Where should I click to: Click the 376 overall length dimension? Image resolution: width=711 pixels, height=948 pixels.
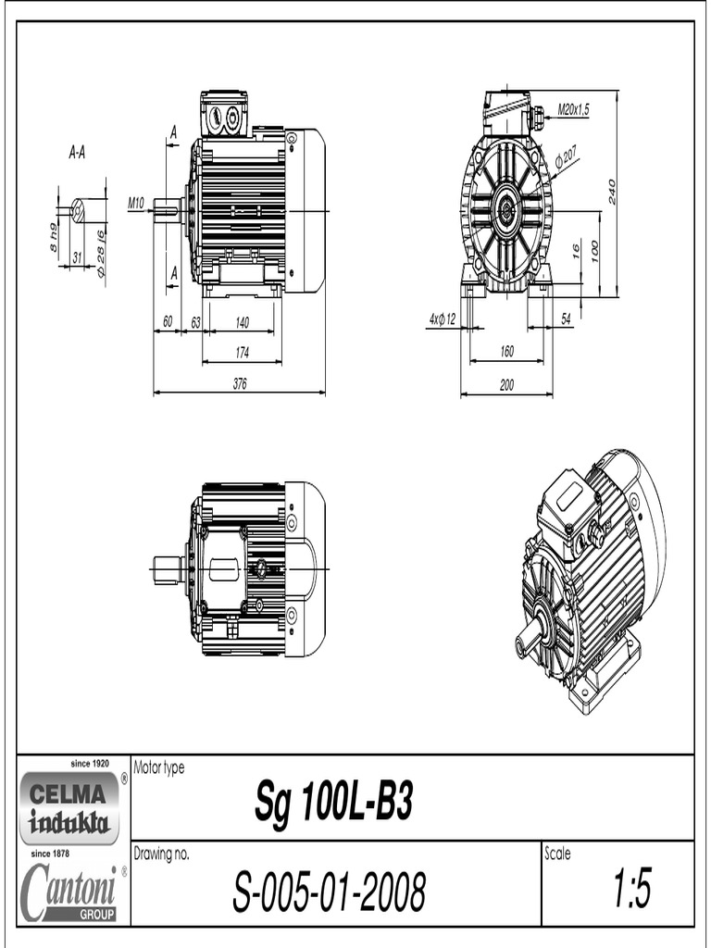pos(240,384)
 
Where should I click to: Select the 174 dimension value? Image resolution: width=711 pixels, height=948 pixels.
pos(242,353)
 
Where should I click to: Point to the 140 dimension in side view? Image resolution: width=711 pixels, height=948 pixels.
pos(242,322)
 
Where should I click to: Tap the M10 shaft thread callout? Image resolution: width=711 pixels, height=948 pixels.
pos(136,201)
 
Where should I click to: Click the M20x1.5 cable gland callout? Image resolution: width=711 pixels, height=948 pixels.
pos(574,108)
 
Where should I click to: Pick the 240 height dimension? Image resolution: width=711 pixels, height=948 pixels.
pos(612,192)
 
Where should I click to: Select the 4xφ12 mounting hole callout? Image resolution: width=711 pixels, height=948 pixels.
pos(442,318)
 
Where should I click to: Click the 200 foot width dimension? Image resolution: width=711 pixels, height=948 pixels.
pos(506,386)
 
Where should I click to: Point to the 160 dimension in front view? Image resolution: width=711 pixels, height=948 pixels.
pos(506,352)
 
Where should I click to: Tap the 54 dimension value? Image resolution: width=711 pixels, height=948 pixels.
pos(566,318)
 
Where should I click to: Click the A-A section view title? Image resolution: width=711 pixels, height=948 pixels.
pos(77,154)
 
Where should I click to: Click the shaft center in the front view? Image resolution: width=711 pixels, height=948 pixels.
pos(506,211)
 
